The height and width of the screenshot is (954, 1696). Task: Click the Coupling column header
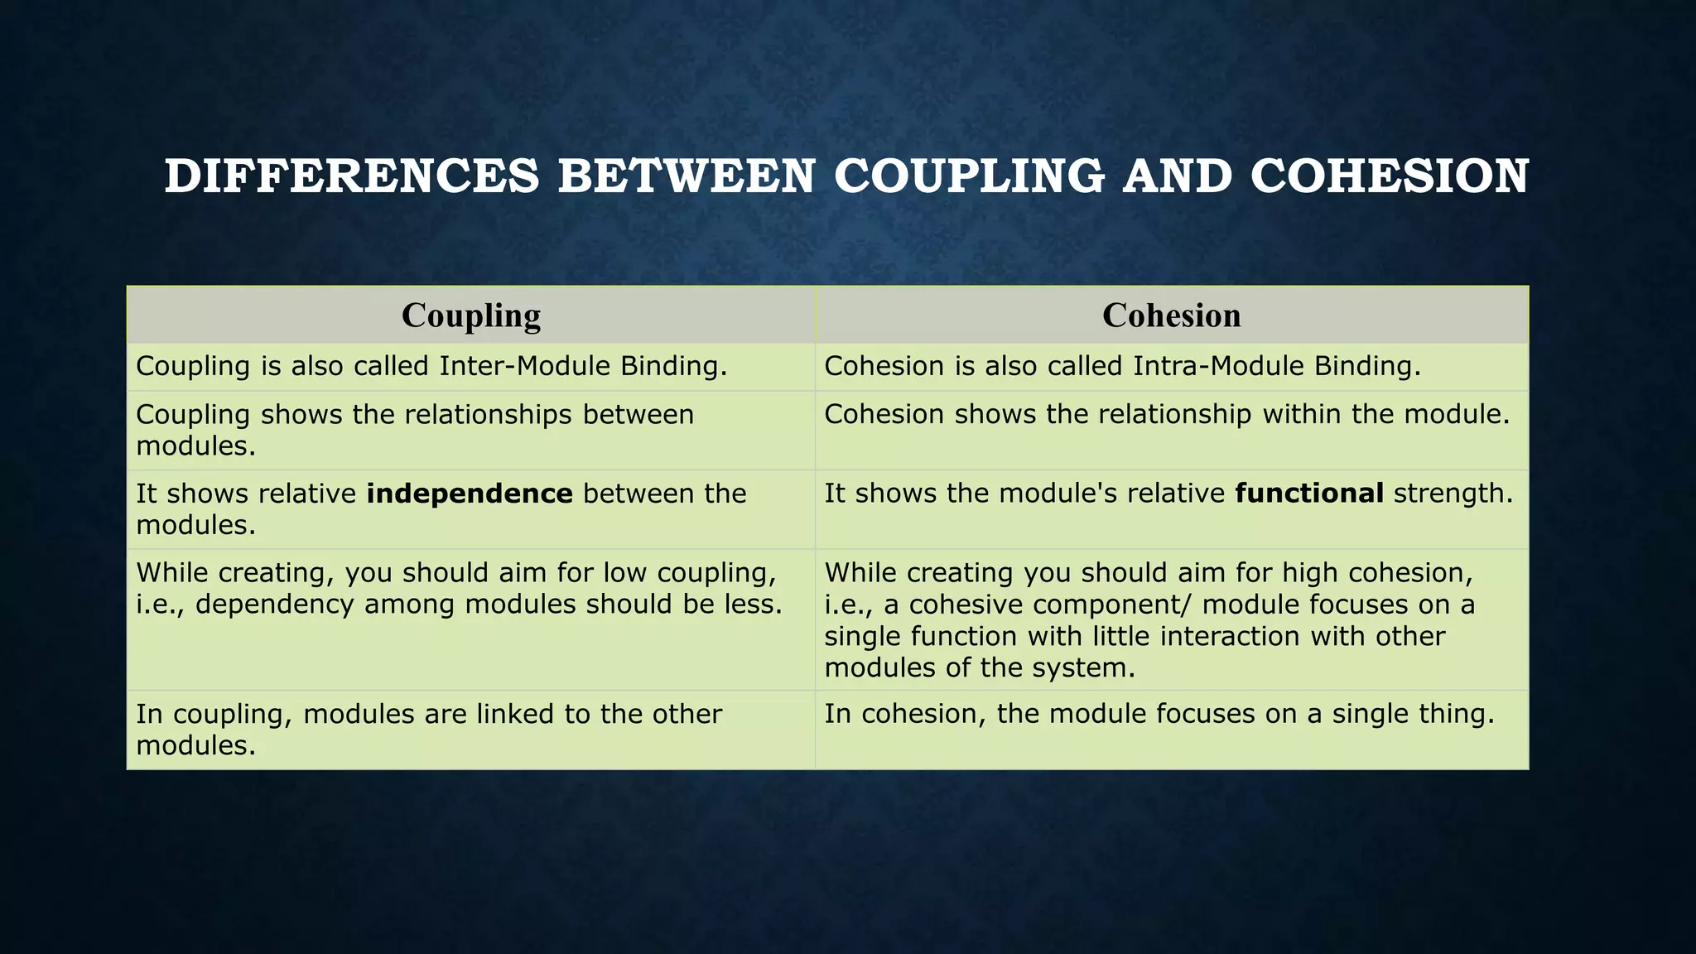470,316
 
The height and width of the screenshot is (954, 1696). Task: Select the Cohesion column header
1171,316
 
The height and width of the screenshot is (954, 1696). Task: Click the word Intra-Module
1218,366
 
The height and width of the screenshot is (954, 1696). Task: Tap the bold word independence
470,494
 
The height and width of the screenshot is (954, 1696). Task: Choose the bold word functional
1308,494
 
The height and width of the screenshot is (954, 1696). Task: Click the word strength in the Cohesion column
1453,494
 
